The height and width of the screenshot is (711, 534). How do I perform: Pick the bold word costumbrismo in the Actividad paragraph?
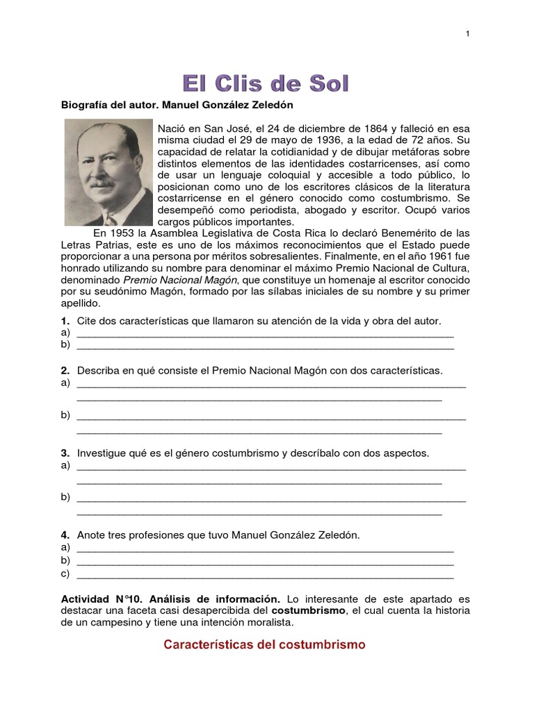coord(309,610)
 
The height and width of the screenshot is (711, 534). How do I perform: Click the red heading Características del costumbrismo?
coord(264,645)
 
